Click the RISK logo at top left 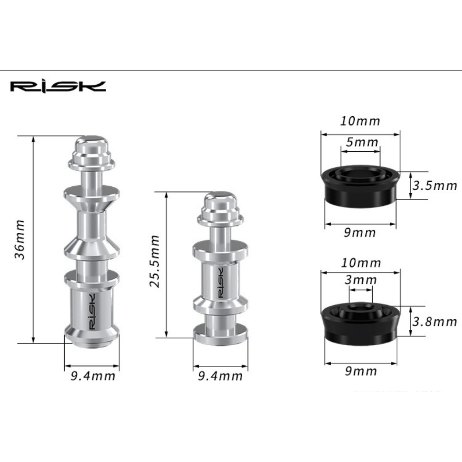point(58,87)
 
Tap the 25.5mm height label point(154,261)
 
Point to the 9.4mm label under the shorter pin point(220,376)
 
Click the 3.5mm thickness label point(434,186)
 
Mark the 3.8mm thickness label point(434,322)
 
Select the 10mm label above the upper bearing point(360,121)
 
